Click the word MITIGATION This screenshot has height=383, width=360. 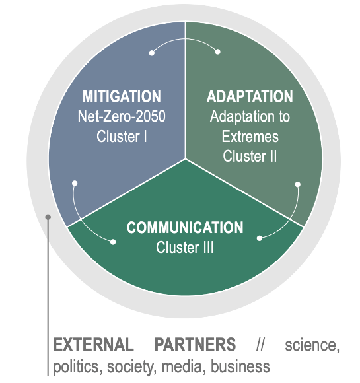122,96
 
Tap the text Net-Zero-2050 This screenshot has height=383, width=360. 122,116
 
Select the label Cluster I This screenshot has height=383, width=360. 122,136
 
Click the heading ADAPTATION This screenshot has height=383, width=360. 250,96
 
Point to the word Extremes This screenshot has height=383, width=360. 250,136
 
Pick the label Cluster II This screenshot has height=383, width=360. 250,156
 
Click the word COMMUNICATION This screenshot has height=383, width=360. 185,227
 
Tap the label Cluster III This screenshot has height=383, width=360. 185,247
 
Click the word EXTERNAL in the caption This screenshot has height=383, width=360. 94,345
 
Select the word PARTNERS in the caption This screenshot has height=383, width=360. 196,345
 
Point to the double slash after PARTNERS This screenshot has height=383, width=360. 260,345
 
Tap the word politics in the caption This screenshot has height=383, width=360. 78,366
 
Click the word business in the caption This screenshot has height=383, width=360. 240,366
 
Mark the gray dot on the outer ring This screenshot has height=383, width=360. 48,217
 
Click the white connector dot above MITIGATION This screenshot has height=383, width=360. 151,53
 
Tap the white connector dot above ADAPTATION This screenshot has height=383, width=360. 217,52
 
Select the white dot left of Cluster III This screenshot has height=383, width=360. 113,242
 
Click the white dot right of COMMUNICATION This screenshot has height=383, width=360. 260,238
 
